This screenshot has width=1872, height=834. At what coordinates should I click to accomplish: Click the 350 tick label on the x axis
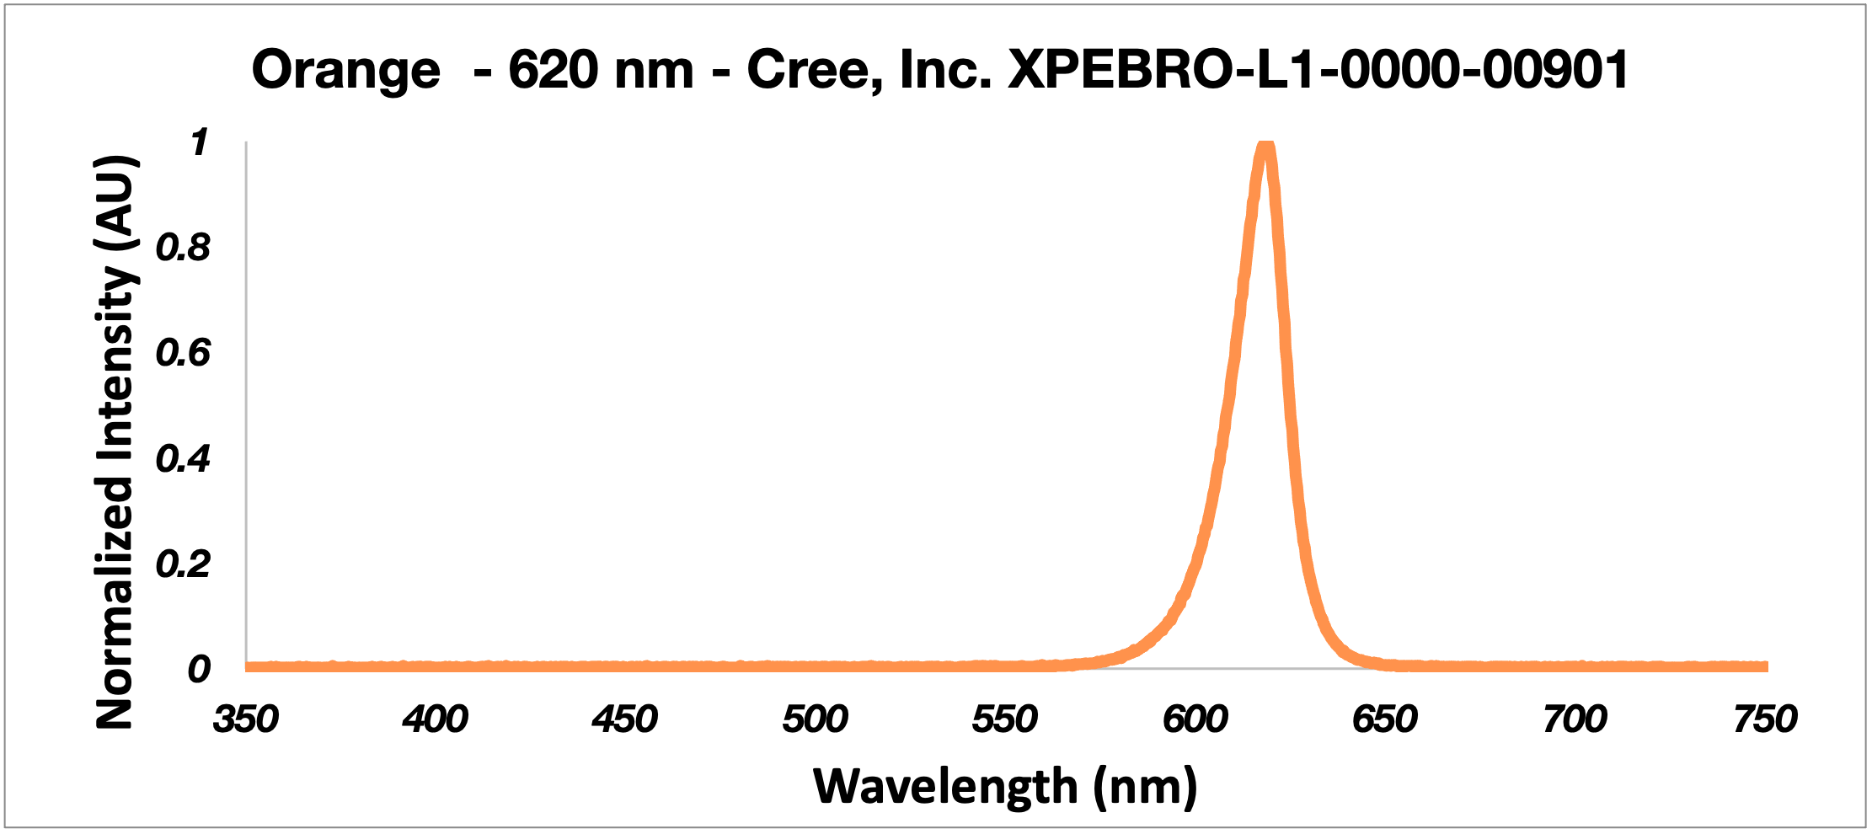pos(245,719)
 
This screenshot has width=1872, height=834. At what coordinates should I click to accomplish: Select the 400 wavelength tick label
pos(435,719)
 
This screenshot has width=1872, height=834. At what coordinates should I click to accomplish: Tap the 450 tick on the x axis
pos(625,719)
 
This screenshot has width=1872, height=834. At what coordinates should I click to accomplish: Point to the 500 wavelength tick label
pos(815,719)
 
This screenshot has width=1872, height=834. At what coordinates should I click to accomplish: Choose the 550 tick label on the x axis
pos(1005,719)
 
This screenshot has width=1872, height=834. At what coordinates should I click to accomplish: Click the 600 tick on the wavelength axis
pos(1195,719)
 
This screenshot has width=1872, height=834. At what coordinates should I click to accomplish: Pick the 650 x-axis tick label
pos(1385,719)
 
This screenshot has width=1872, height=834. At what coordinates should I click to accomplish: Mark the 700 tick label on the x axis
pos(1575,719)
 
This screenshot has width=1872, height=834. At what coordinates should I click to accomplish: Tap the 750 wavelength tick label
pos(1765,719)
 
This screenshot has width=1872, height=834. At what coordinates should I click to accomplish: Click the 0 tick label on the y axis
pos(199,669)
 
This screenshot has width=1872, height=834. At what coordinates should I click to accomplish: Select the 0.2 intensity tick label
pos(183,564)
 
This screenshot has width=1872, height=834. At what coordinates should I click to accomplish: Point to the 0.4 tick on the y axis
pos(183,459)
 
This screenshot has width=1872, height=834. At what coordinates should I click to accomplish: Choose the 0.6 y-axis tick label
pos(183,353)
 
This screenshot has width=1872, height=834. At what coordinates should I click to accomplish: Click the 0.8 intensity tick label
pos(183,248)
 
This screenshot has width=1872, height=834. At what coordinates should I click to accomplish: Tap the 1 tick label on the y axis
pos(199,142)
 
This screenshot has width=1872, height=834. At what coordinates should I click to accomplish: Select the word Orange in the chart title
pos(345,70)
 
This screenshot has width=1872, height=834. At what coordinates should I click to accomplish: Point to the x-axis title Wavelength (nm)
pos(1005,787)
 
